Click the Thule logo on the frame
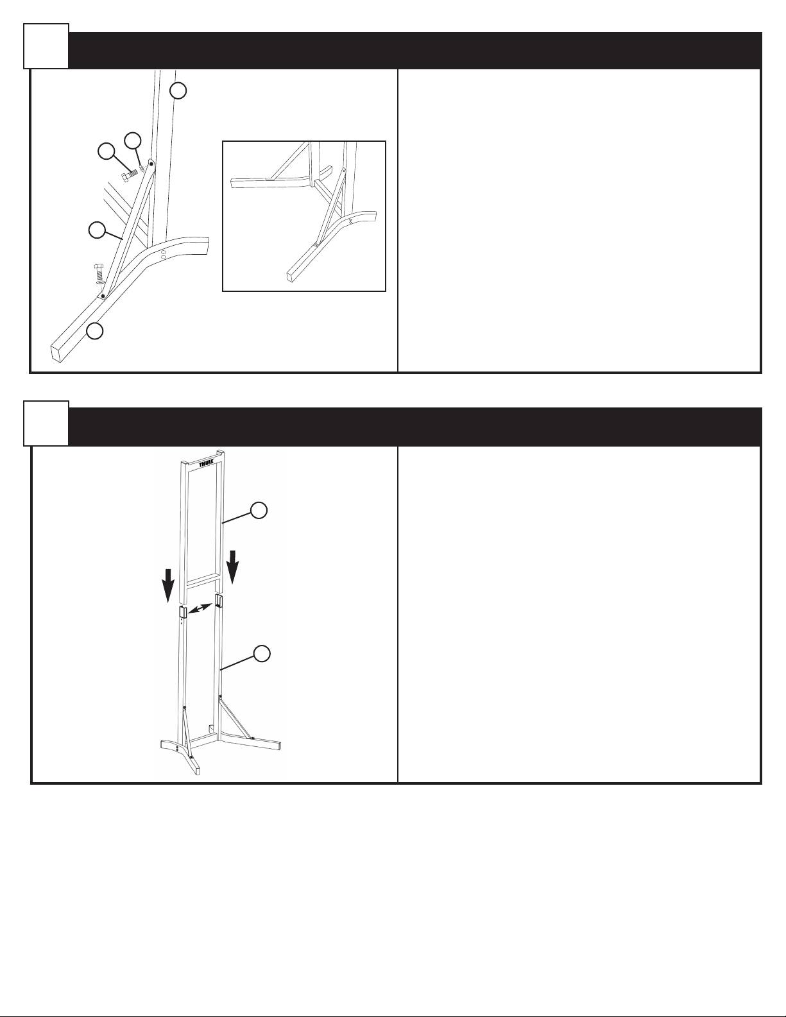click(x=207, y=465)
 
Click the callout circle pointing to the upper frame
click(x=259, y=511)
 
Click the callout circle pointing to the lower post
click(x=262, y=653)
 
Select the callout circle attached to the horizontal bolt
click(x=107, y=151)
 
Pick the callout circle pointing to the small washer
click(x=133, y=141)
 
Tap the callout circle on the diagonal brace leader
click(x=97, y=231)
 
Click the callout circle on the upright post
click(x=178, y=91)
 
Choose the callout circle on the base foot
click(x=95, y=331)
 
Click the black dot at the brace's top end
click(x=151, y=164)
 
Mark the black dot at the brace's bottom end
click(x=103, y=296)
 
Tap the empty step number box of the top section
click(x=46, y=46)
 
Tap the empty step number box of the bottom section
click(x=46, y=423)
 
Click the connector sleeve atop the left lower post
click(x=183, y=611)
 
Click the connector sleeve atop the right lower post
click(x=218, y=601)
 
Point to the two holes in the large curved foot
click(x=163, y=254)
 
